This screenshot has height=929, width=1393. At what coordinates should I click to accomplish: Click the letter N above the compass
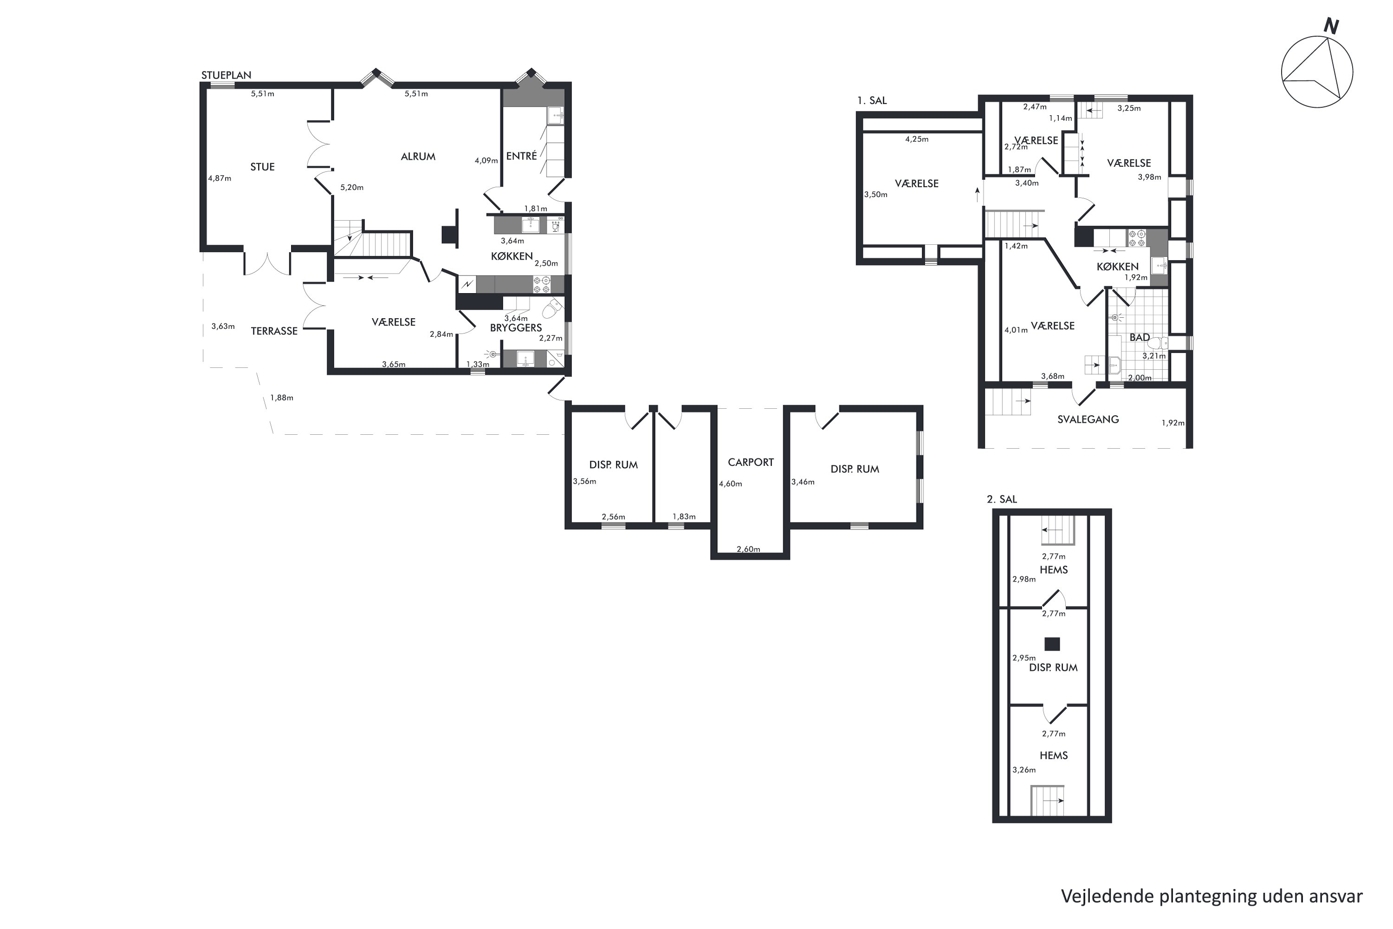point(1331,26)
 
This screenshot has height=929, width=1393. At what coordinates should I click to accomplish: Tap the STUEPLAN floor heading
point(226,75)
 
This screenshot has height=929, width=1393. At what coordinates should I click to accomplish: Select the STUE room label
point(262,167)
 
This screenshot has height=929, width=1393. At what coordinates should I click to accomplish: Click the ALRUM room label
point(418,157)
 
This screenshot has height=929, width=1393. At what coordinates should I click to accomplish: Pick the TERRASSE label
point(274,331)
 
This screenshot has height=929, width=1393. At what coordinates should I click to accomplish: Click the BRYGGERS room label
point(516,327)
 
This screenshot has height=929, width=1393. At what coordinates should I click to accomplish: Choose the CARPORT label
point(751,463)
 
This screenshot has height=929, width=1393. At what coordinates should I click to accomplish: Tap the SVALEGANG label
point(1088,419)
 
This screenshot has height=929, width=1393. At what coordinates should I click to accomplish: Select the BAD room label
point(1139,338)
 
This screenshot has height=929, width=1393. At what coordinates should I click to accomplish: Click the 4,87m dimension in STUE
point(220,178)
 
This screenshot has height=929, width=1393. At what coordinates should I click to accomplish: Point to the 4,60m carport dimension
point(730,484)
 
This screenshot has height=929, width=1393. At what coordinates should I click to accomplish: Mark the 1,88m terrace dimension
point(282,398)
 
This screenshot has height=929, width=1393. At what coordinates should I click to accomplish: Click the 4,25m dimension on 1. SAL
point(917,140)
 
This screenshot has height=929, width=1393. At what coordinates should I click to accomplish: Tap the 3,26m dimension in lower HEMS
point(1024,770)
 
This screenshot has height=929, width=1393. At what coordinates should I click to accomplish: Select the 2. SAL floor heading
point(1002,499)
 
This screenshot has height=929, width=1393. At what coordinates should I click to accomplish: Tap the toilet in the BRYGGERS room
point(553,308)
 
